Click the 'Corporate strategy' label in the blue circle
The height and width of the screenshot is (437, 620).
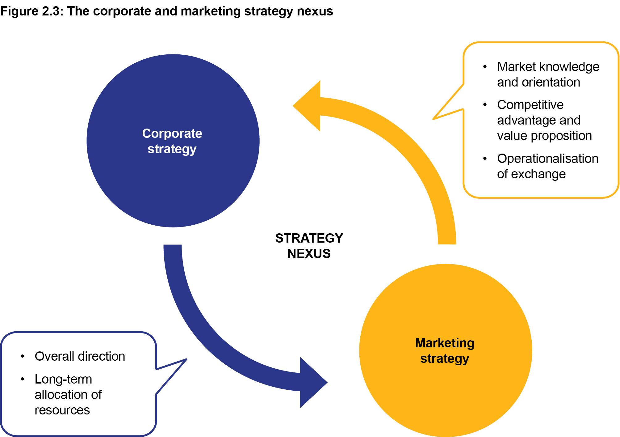point(172,141)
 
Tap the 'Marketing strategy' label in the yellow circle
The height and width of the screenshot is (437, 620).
point(445,351)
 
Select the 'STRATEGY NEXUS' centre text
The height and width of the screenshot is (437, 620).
point(309,246)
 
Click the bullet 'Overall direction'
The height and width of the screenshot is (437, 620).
point(80,356)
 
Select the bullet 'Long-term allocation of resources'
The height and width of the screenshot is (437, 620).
point(68,395)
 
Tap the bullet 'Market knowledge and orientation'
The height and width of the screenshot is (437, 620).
point(548,74)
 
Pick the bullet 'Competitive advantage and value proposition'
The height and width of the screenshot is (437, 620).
point(544,120)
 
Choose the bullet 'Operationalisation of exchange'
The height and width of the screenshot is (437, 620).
point(547,166)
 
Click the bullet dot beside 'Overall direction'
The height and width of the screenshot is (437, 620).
point(22,356)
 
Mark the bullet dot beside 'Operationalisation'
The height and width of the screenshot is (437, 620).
point(485,159)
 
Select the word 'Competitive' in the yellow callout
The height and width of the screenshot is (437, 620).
point(530,105)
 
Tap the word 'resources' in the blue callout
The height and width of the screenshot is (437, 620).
point(62,410)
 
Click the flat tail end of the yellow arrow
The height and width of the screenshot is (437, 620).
point(447,242)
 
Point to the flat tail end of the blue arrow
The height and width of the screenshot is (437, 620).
point(173,247)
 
